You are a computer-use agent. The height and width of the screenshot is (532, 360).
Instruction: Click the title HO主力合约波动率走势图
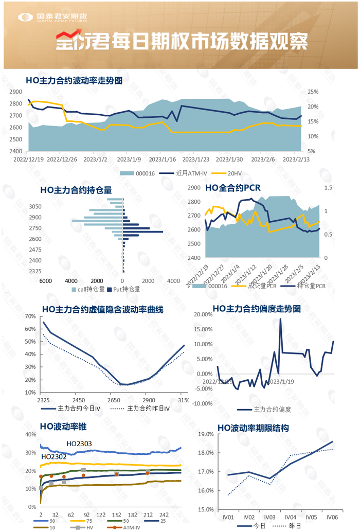[74, 80]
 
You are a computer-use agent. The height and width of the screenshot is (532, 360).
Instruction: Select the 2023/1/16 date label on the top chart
[161, 159]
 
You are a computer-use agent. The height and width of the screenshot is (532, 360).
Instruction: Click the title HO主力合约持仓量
[76, 190]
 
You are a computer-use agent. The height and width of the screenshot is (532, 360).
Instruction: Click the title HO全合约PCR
[232, 188]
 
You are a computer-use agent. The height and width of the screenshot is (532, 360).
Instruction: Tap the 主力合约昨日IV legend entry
[148, 408]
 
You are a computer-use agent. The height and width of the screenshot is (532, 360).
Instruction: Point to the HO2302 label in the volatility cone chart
[53, 456]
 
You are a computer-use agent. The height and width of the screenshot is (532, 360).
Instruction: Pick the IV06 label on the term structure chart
[332, 517]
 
